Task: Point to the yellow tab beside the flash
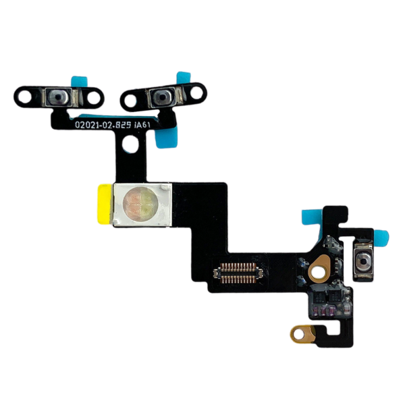tap(105, 202)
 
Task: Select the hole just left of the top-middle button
tap(128, 101)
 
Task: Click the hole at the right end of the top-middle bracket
tap(199, 93)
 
